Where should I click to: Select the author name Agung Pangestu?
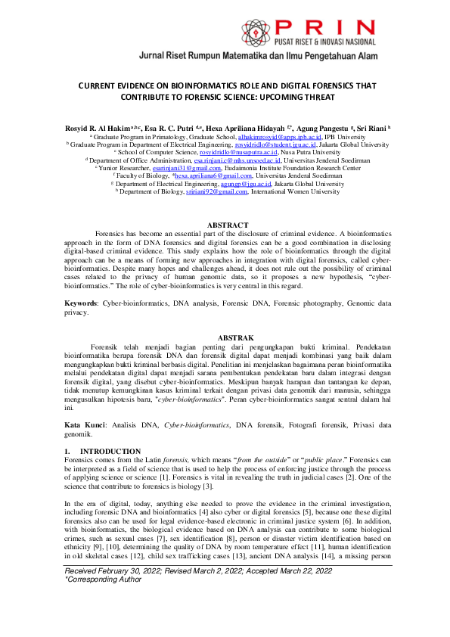(341, 129)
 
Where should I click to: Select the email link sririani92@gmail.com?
(216, 191)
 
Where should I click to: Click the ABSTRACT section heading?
(228, 225)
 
